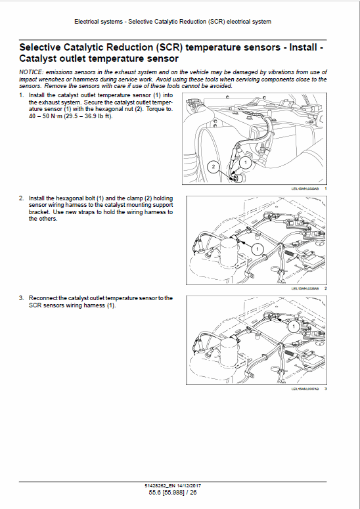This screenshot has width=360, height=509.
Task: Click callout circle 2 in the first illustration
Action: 213,167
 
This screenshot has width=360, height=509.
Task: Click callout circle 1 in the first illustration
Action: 244,161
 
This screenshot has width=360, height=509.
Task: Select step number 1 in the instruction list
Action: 21,95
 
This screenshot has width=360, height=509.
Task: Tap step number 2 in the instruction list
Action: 21,198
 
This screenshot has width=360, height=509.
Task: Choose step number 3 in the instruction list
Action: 21,298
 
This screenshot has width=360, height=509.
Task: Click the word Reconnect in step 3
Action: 43,298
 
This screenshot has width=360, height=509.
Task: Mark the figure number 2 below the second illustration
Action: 326,288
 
